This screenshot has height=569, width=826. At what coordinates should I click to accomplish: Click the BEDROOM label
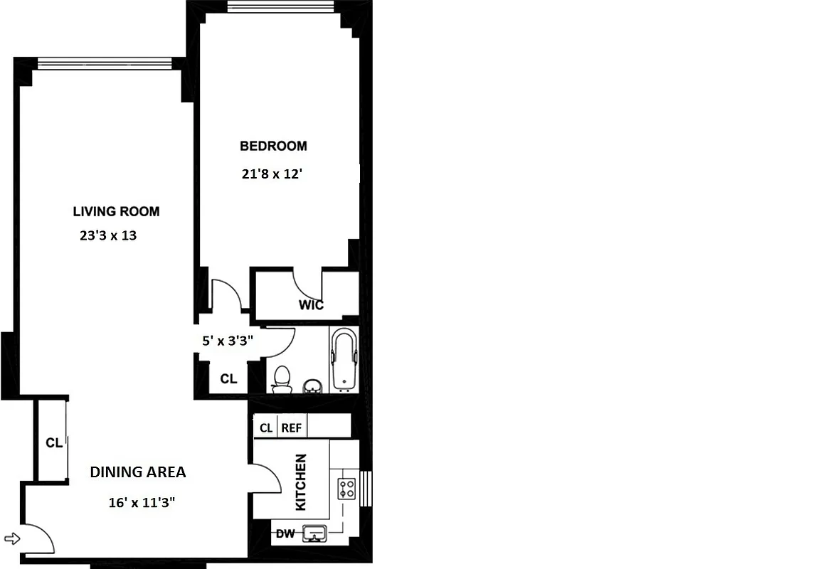273,146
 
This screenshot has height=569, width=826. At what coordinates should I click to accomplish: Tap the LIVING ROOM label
116,211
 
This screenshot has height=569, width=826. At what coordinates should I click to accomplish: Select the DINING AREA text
137,472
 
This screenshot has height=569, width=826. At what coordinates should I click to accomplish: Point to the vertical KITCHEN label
301,482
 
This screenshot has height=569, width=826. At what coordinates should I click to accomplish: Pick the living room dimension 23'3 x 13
107,235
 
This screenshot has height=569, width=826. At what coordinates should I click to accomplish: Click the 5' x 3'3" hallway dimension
228,341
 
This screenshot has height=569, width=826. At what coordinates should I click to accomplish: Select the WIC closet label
311,305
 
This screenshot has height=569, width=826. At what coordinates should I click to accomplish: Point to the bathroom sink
312,386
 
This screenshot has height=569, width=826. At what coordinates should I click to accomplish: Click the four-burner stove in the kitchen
346,489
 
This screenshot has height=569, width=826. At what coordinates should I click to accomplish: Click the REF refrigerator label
291,428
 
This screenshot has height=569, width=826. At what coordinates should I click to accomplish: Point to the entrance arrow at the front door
13,538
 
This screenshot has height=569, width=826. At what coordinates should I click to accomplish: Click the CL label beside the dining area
54,443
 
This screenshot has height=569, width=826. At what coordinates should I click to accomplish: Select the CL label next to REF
266,428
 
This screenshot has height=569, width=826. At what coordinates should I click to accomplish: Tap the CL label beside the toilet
228,379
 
